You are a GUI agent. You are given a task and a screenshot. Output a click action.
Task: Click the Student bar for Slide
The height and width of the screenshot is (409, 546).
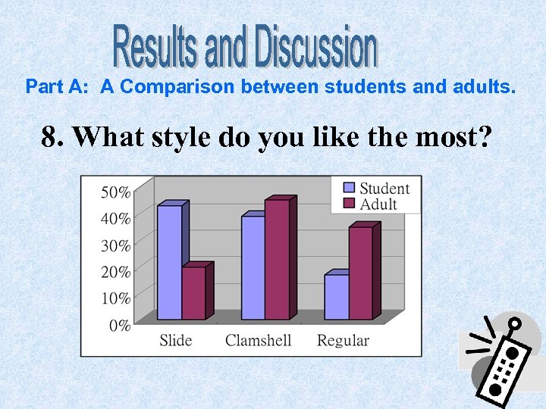169,262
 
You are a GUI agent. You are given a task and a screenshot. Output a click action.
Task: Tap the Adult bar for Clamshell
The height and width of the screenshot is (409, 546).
277,259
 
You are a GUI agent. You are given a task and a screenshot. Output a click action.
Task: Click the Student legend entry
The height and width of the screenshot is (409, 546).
375,189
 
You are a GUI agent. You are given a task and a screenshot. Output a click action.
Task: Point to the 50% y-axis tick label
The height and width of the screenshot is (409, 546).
115,192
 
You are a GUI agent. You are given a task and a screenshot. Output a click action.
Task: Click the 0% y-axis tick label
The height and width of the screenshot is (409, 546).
119,326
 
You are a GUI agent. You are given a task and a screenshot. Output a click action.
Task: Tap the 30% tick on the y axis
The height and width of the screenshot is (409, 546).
115,245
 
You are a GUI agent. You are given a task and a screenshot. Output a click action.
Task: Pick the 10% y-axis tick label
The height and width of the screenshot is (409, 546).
115,298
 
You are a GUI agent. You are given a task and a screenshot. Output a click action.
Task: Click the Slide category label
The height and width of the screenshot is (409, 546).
176,341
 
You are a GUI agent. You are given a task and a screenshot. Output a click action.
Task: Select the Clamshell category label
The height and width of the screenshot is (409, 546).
258,341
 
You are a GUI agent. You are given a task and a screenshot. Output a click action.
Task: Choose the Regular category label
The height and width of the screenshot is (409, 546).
343,341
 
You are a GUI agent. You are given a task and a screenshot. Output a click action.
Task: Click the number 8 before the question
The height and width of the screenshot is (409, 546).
51,138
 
